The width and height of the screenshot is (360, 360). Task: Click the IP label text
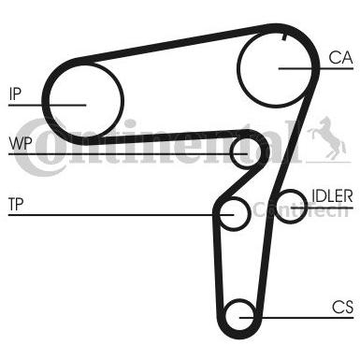tap(15, 93)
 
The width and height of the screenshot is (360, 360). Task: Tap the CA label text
tap(339, 58)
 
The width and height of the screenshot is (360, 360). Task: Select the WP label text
tap(19, 142)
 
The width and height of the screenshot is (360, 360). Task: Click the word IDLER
tap(332, 195)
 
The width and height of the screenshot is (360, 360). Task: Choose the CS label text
tap(341, 306)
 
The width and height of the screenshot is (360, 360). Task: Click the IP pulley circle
tap(84, 99)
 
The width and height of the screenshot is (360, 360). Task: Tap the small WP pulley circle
tap(245, 150)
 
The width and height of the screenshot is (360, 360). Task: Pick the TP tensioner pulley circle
tap(234, 213)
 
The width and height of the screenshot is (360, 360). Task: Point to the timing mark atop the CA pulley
tap(281, 36)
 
